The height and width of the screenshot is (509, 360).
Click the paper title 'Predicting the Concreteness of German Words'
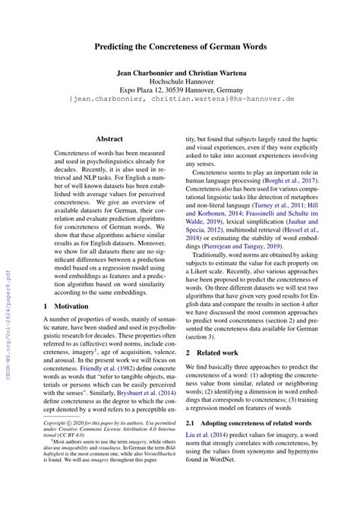(180, 46)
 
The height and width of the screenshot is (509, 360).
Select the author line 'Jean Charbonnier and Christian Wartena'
(180, 74)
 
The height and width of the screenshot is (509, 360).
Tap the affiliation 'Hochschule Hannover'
(180, 86)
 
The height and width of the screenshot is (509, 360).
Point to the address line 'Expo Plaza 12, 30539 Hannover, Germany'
(180, 96)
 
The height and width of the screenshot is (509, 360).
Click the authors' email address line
(180, 109)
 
